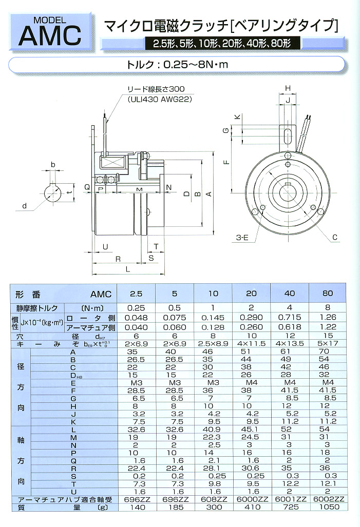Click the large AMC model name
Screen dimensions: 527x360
[x=50, y=35]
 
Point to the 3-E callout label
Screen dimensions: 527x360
[x=242, y=238]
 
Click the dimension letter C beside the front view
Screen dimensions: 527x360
[x=334, y=238]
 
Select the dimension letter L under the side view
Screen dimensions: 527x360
[x=127, y=268]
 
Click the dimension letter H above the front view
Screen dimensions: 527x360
[x=288, y=88]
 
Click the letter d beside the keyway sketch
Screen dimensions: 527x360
[x=24, y=207]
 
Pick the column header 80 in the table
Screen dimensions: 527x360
[x=327, y=294]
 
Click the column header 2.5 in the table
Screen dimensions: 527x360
[x=136, y=294]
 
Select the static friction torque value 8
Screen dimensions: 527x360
[x=327, y=308]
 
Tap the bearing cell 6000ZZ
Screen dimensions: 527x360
[x=251, y=499]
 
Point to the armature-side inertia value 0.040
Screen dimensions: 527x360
[x=136, y=326]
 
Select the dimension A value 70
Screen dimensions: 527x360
[x=327, y=352]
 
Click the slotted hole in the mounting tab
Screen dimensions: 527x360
[x=287, y=137]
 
